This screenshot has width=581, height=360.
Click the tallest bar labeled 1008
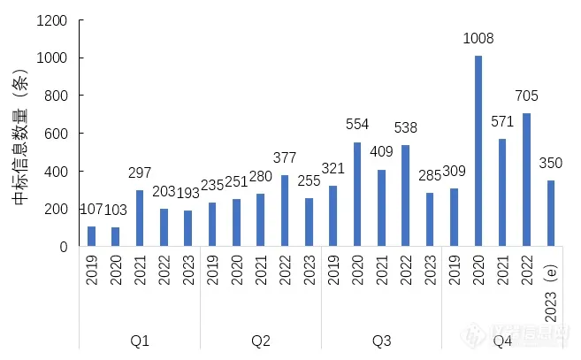click(478, 151)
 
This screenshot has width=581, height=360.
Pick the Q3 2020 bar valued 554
click(357, 195)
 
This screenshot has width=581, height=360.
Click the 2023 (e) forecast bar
click(550, 213)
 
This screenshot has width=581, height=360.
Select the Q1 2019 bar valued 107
click(92, 236)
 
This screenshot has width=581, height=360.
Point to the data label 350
click(550, 164)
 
